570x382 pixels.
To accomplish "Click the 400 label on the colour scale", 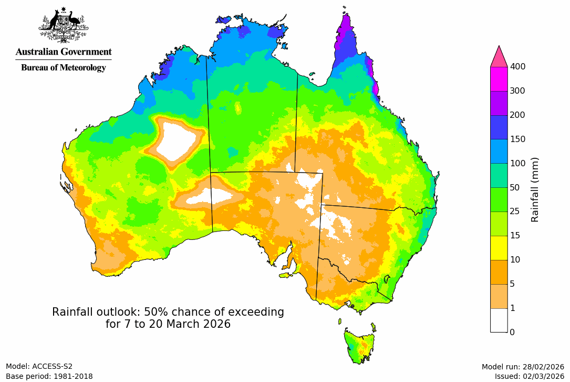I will click(518, 66).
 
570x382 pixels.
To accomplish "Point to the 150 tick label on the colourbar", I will click(518, 139).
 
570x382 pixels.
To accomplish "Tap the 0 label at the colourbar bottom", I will click(512, 332).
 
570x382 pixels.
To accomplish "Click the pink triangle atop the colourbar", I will click(499, 56).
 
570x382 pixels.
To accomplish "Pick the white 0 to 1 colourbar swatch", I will click(499, 320).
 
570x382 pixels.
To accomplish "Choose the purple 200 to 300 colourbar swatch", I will click(499, 103).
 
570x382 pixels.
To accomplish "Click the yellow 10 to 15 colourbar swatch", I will click(499, 248).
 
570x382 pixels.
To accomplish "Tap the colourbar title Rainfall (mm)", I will click(535, 189).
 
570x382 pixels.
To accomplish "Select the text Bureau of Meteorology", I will click(64, 67).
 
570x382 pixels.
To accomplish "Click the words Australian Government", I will click(64, 52).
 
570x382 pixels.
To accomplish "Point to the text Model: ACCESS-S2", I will click(39, 367).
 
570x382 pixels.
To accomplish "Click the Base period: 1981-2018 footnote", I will click(49, 376).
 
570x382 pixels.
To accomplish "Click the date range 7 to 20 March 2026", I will click(168, 324).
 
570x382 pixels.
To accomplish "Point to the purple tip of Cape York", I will click(346, 26).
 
